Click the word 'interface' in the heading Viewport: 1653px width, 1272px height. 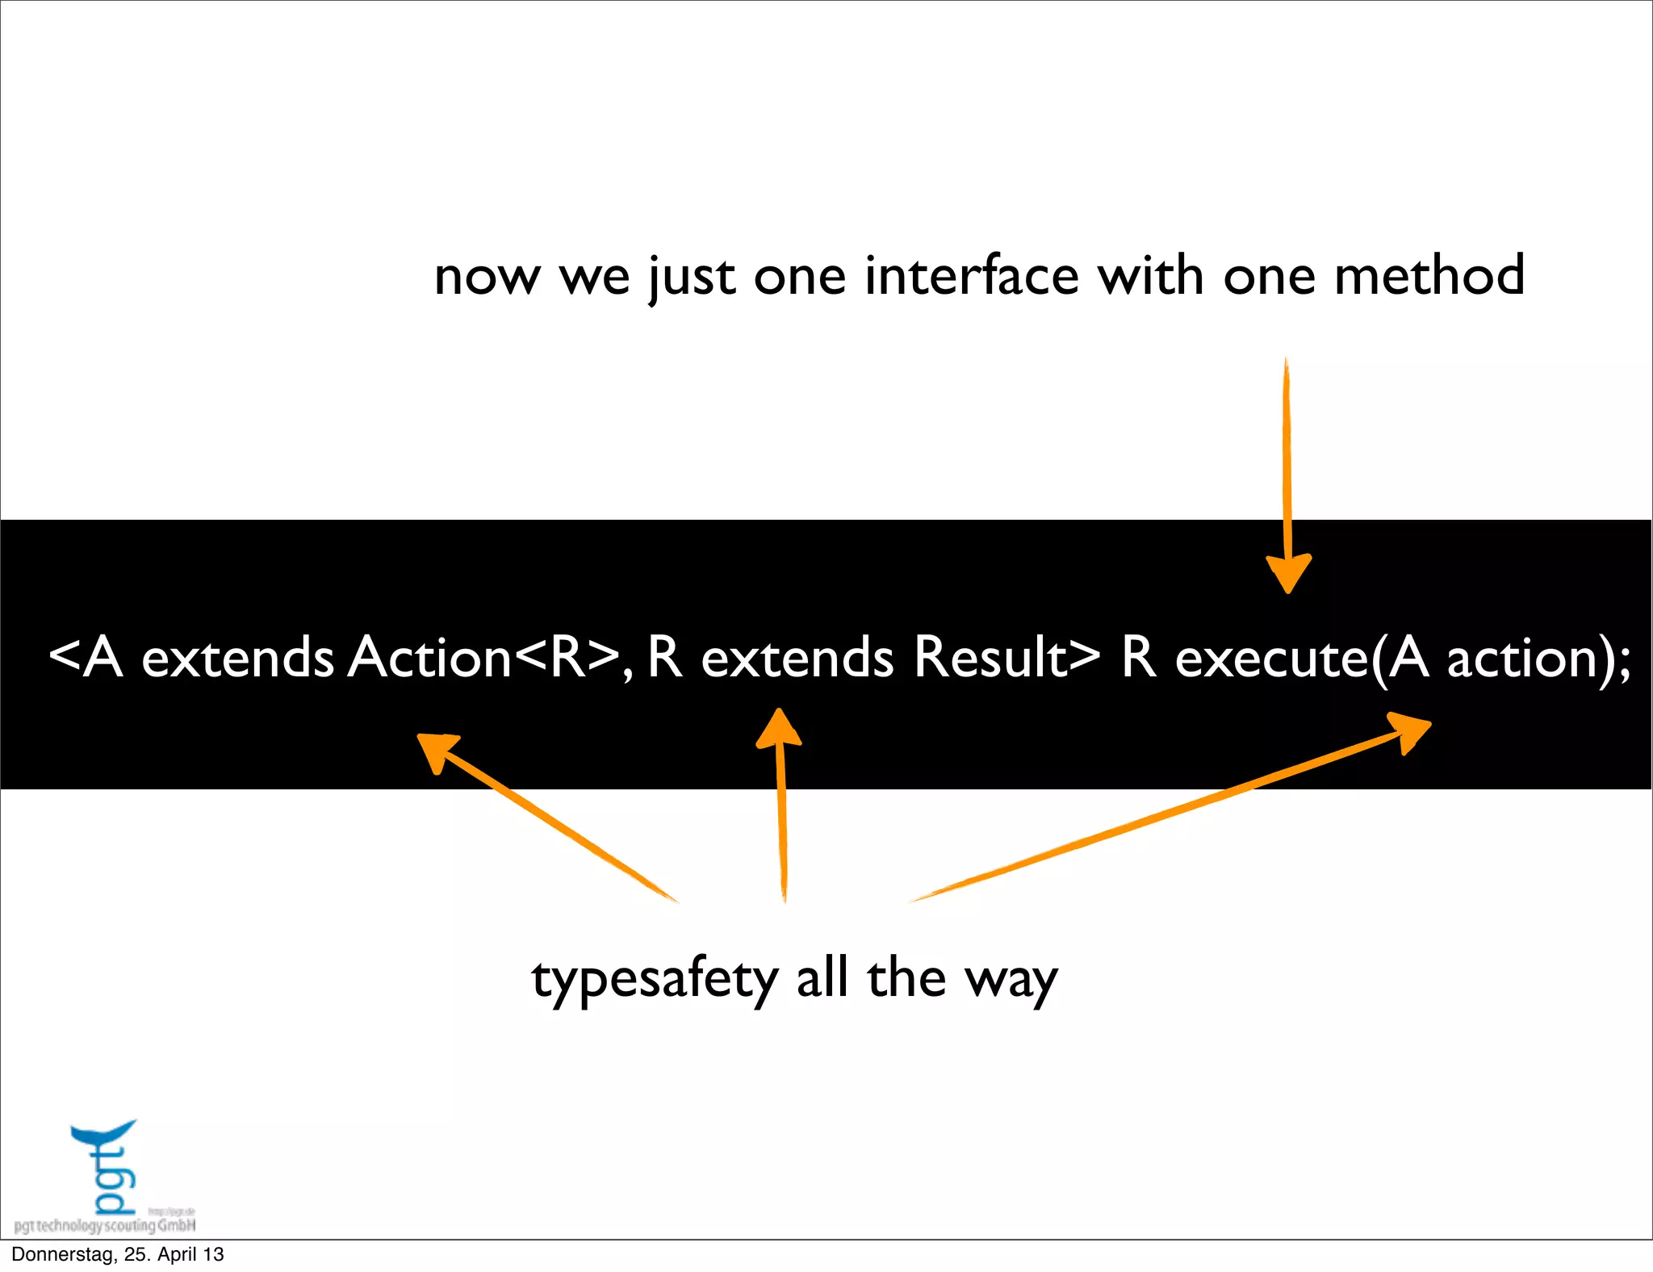(971, 276)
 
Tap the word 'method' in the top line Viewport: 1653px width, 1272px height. (1429, 276)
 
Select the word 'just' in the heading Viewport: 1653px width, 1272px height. (692, 278)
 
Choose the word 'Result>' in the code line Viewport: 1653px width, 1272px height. (1006, 657)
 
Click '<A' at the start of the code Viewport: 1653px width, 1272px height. (86, 657)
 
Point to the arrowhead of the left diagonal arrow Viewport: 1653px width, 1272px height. (436, 750)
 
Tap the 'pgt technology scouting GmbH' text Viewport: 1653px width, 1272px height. (105, 1226)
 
